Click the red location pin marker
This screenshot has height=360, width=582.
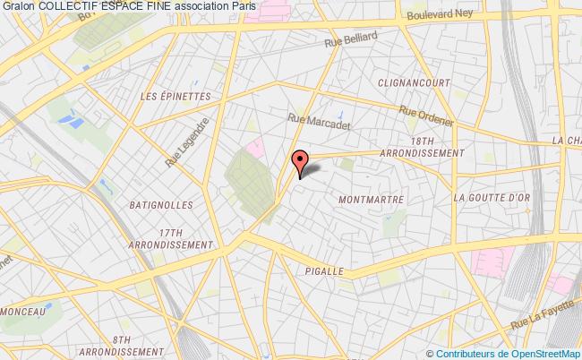click(x=299, y=160)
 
